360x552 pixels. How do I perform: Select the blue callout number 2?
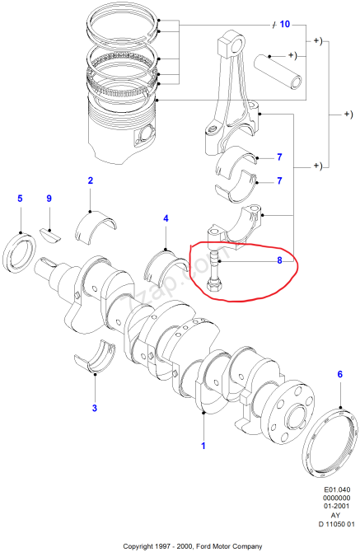coord(90,180)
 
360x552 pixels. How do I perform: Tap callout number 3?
coord(94,408)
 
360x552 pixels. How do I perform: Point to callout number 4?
coord(166,218)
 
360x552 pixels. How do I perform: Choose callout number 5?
coord(21,199)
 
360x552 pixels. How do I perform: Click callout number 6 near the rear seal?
coord(339,375)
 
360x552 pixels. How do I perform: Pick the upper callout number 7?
coord(279,157)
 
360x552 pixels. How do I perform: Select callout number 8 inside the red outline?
coord(279,260)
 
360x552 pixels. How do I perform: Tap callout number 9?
coord(49,199)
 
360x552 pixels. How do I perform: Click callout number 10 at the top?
coord(284,25)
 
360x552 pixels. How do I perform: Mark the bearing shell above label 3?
coord(96,358)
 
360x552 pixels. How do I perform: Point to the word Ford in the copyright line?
coord(208,545)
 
